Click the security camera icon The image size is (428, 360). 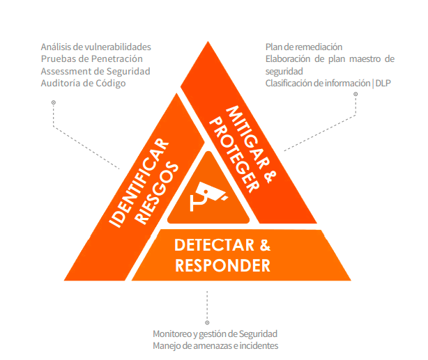click(x=208, y=196)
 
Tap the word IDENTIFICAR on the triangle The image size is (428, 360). click(x=139, y=183)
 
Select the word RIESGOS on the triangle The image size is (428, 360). click(x=156, y=194)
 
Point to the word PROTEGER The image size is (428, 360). click(x=234, y=155)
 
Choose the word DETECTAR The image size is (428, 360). click(x=214, y=245)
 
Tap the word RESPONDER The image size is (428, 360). click(x=222, y=265)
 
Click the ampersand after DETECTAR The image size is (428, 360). click(x=265, y=245)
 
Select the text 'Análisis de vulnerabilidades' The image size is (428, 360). click(x=95, y=47)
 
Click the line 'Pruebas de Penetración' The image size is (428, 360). click(x=92, y=59)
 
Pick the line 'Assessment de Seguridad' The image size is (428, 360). click(x=95, y=71)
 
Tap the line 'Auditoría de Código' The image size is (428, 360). click(x=83, y=83)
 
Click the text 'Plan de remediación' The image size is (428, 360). click(x=304, y=47)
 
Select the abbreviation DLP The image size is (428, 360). click(x=383, y=83)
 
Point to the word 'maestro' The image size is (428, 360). click(x=365, y=59)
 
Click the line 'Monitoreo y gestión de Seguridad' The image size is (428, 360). click(x=215, y=334)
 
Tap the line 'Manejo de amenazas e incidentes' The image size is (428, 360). click(x=215, y=346)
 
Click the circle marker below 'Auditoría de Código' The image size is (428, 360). click(x=54, y=102)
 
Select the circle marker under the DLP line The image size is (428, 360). click(x=356, y=94)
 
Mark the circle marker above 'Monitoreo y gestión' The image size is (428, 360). click(x=207, y=322)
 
